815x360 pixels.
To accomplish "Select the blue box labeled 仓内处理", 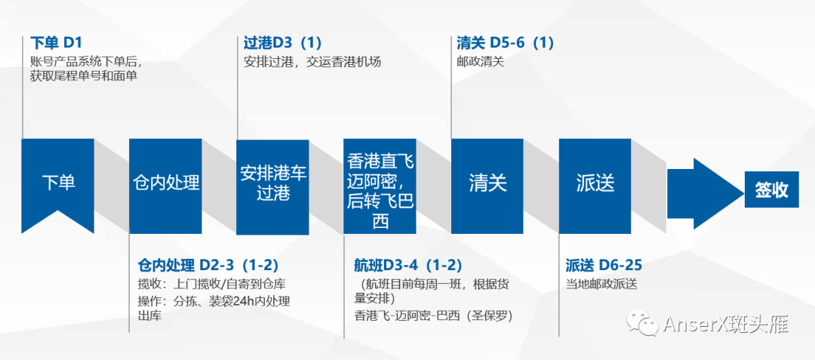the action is [x=165, y=183].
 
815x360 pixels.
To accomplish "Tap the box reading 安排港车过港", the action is [x=273, y=183].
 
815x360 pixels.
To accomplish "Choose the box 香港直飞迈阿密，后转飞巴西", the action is [x=380, y=186].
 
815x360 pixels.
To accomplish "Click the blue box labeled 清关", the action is [x=487, y=183].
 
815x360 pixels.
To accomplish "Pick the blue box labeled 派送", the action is [x=595, y=183].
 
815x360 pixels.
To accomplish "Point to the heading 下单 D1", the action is [x=57, y=42].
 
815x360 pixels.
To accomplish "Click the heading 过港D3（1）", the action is [x=283, y=42].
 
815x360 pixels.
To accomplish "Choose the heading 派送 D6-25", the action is [x=604, y=265].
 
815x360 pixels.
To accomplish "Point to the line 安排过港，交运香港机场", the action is [x=312, y=62].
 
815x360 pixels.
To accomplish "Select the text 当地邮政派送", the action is [x=601, y=285].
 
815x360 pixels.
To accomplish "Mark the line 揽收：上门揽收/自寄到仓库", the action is [x=211, y=285].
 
